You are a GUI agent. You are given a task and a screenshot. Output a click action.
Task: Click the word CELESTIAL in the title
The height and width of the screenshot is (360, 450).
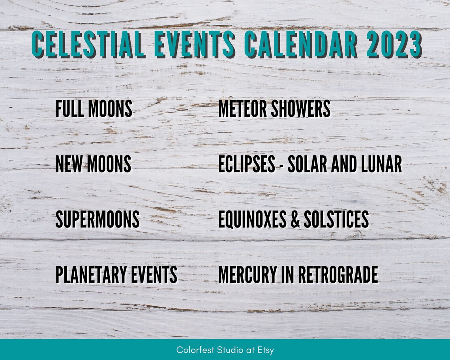89,44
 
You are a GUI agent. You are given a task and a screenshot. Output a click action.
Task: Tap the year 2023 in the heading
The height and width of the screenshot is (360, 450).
393,44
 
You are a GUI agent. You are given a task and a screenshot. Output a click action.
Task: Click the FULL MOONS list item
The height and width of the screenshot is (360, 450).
94,109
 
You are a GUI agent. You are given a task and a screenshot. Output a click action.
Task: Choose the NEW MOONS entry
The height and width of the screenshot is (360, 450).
93,164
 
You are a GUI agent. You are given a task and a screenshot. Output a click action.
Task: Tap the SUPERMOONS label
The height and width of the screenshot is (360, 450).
97,219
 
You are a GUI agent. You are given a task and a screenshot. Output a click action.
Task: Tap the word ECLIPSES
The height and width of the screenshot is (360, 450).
247,164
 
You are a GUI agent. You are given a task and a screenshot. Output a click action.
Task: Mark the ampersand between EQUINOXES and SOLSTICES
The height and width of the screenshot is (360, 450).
295,219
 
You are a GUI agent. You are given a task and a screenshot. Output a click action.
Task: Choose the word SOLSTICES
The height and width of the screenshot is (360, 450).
336,219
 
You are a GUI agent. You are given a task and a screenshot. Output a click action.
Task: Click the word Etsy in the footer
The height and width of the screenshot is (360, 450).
266,350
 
